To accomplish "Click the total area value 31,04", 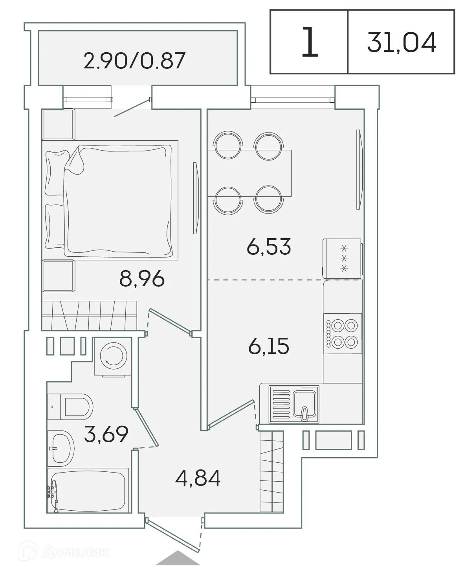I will pos(401,42).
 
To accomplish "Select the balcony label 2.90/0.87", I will pos(134,61).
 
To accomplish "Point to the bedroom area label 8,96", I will pos(142,279).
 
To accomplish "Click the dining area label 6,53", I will pos(269,247).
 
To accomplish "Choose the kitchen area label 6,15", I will pos(269,346).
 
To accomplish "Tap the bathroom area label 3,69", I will pos(106,434).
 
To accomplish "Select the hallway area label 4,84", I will pos(198,478).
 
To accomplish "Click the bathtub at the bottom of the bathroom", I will pos(88,491).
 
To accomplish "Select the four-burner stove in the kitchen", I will pos(343,333).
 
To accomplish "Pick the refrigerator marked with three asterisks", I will pos(342,258).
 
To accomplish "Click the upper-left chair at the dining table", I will pos(227,145).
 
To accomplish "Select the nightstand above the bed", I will pos(59,124).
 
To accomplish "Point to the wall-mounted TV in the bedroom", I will pos(195,198).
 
